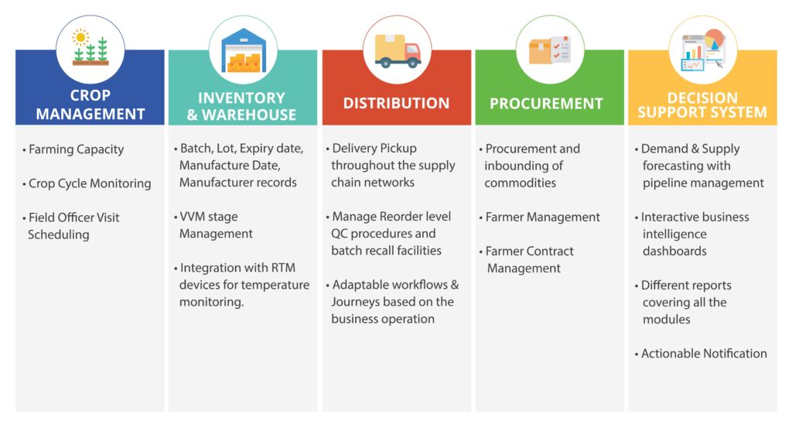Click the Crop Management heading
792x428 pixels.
click(90, 104)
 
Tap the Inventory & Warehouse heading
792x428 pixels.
click(241, 106)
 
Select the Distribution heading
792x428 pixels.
click(397, 103)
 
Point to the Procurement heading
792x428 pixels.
click(547, 104)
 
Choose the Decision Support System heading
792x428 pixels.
click(702, 104)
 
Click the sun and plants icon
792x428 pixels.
click(90, 49)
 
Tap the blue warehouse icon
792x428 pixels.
click(244, 50)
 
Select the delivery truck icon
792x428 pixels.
click(398, 51)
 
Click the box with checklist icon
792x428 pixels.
click(550, 50)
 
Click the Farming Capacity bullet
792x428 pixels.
click(73, 149)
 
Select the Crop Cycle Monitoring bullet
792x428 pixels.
click(87, 183)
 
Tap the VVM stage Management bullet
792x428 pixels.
click(213, 225)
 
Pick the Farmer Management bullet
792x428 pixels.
click(540, 217)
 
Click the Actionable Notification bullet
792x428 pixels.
click(701, 354)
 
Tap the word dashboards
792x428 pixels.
click(674, 251)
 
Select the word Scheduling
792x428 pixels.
click(59, 235)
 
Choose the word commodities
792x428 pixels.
click(521, 183)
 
